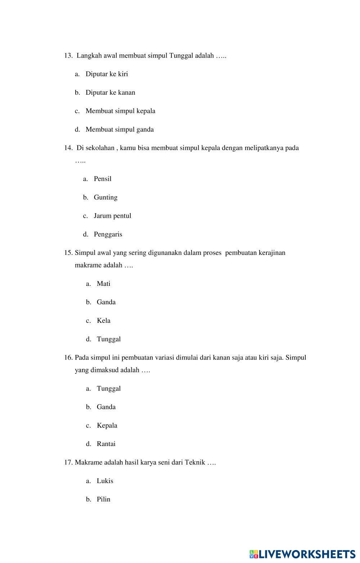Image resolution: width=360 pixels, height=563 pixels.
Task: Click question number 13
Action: point(68,56)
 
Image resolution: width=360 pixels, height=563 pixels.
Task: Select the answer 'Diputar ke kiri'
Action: point(107,74)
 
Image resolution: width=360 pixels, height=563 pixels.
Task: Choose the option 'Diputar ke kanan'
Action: point(110,93)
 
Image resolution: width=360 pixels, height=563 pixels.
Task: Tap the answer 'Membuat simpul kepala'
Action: point(120,111)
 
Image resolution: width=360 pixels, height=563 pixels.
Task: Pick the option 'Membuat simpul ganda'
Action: point(120,130)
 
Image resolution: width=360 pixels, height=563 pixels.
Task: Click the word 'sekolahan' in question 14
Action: point(100,148)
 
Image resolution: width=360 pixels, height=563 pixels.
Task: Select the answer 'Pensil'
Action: point(103,179)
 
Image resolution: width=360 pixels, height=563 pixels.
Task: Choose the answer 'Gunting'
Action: point(105,197)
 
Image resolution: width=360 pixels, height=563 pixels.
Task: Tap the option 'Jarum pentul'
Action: point(112,216)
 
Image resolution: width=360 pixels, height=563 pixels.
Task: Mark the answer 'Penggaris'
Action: point(108,234)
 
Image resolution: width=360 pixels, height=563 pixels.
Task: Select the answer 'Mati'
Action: point(103,284)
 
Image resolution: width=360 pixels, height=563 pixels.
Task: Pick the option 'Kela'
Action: point(103,321)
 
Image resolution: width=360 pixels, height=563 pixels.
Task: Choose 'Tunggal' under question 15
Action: point(109,339)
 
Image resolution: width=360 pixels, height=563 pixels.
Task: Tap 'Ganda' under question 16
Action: point(106,407)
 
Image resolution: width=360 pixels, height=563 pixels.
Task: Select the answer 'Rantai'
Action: point(106,444)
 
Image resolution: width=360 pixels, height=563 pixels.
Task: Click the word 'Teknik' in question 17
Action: point(195,463)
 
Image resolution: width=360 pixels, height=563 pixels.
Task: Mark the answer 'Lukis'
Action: point(105,481)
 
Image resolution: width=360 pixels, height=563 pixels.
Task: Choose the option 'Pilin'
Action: point(103,499)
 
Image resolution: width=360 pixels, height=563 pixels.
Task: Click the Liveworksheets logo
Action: point(302,554)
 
